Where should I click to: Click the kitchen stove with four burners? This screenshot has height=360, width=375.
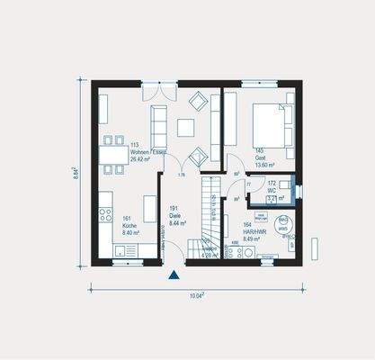[105, 217]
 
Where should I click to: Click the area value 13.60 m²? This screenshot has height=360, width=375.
[264, 164]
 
